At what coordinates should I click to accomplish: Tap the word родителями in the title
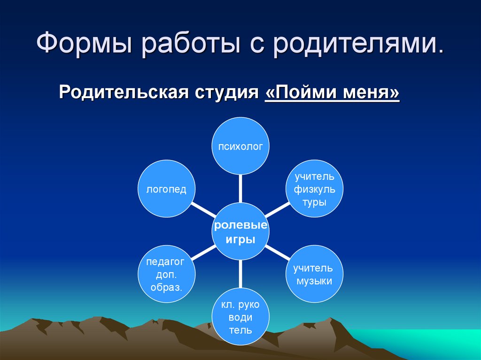tap(357, 45)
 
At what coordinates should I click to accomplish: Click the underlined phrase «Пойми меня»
tap(332, 92)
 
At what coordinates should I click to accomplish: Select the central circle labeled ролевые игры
tap(240, 231)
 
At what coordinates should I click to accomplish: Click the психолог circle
tap(240, 146)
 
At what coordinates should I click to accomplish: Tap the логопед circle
tap(166, 189)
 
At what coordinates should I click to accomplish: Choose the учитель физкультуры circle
tap(314, 189)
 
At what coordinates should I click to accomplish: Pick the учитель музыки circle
tap(314, 275)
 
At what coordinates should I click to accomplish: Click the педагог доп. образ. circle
tap(166, 274)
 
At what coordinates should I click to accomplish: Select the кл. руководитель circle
tap(240, 317)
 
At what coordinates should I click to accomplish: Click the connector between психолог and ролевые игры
tap(240, 188)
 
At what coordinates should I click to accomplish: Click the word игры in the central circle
tap(240, 239)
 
